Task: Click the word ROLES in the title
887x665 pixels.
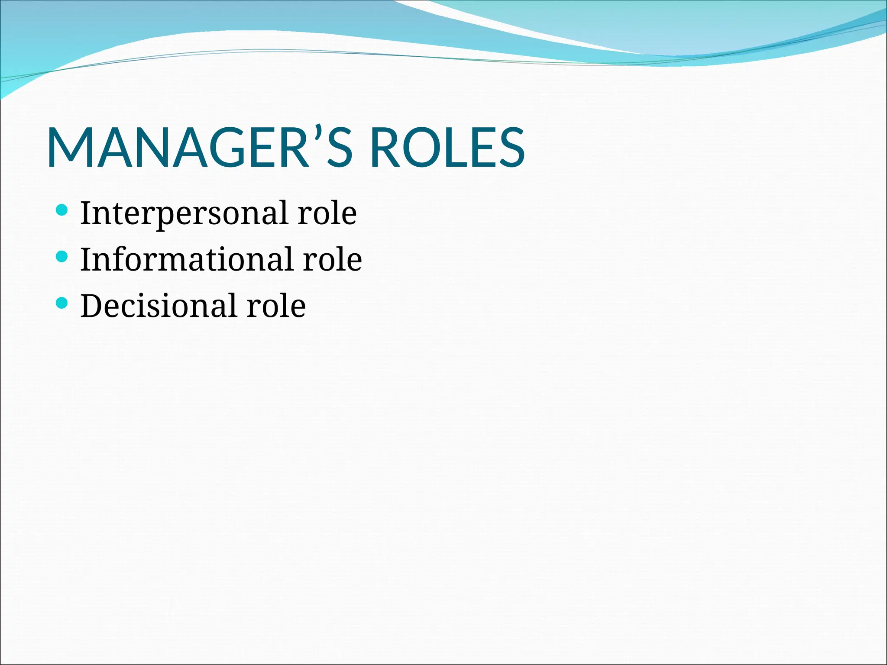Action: coord(447,148)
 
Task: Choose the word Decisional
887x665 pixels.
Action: coord(159,306)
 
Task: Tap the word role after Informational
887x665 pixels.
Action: coord(332,260)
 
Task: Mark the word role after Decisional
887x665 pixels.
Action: coord(276,306)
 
